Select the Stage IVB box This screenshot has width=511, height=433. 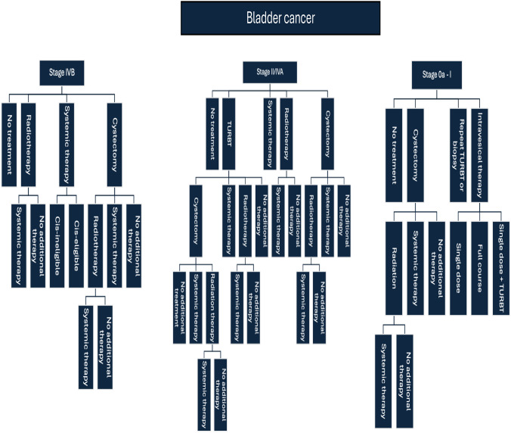tap(62, 73)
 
